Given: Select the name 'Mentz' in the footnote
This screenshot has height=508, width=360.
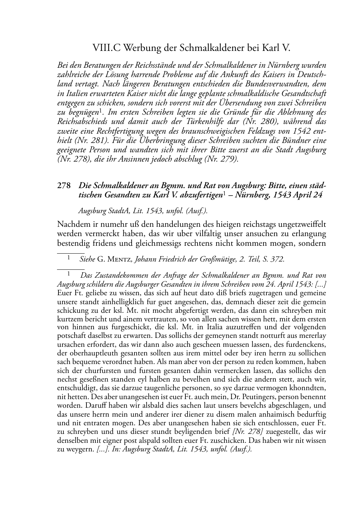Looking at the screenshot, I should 121,259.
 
